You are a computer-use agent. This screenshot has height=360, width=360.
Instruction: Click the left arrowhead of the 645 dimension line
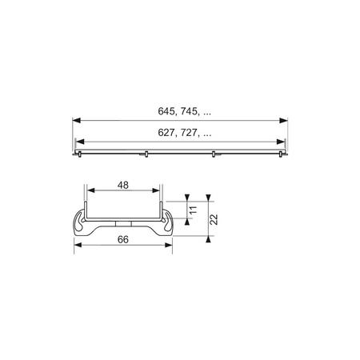tap(76, 121)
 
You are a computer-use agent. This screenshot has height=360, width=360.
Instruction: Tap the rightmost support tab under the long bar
tap(278, 154)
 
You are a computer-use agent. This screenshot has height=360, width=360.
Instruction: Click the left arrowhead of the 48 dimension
tap(89, 192)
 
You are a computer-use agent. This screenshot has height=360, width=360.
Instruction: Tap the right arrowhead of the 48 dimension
tap(158, 192)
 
